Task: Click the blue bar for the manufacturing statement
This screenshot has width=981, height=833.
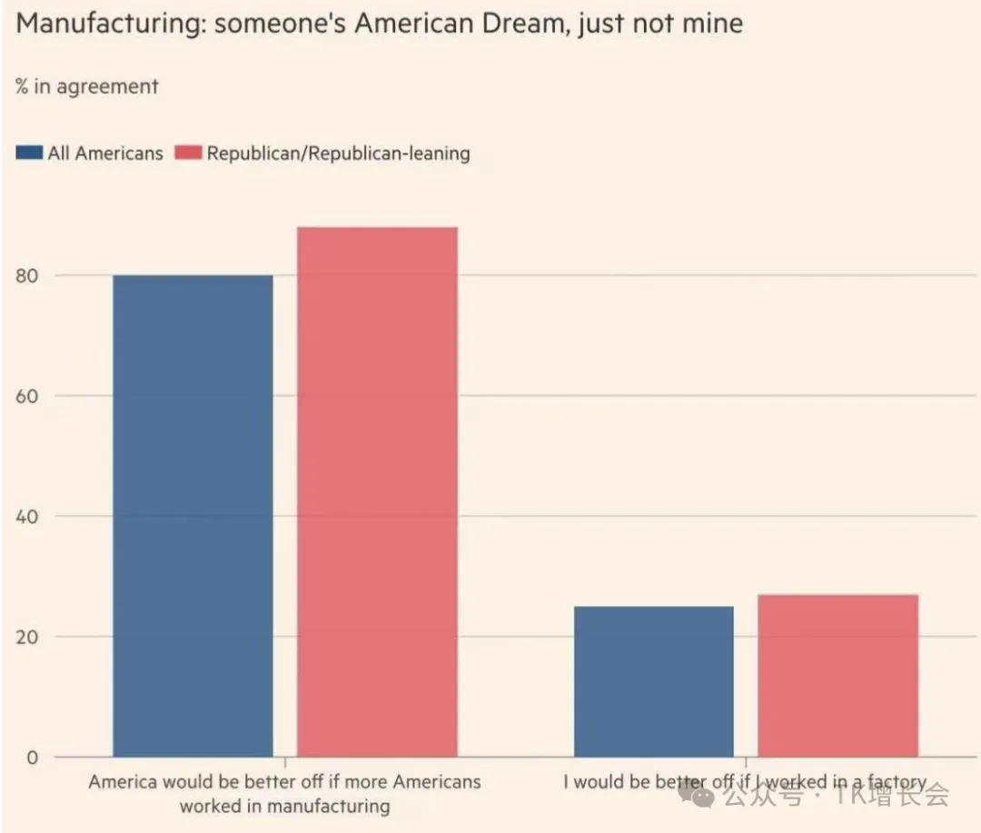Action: click(193, 515)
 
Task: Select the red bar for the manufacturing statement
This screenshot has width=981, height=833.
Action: click(377, 491)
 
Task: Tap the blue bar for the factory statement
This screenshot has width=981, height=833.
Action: click(653, 681)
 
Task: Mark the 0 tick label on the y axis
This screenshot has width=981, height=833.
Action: click(33, 758)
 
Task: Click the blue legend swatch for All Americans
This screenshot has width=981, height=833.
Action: click(29, 153)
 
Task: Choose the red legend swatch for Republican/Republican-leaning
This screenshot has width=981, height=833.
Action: click(188, 153)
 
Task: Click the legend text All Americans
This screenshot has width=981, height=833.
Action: click(105, 154)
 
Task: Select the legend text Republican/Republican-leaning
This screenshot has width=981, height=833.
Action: click(338, 154)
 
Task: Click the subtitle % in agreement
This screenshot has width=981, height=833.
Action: click(86, 87)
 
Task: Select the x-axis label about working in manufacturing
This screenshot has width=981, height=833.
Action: click(284, 794)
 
